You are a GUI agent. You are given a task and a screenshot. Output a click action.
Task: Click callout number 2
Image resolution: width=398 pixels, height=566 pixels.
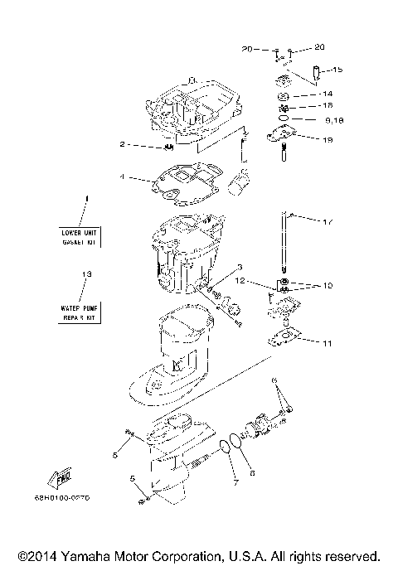[x=123, y=144]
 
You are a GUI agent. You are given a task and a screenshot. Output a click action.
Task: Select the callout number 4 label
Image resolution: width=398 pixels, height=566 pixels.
[x=123, y=177]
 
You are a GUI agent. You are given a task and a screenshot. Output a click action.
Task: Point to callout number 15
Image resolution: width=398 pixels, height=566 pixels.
[x=337, y=69]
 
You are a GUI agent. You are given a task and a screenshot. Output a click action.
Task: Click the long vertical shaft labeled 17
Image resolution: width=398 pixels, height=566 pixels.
[x=284, y=249]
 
